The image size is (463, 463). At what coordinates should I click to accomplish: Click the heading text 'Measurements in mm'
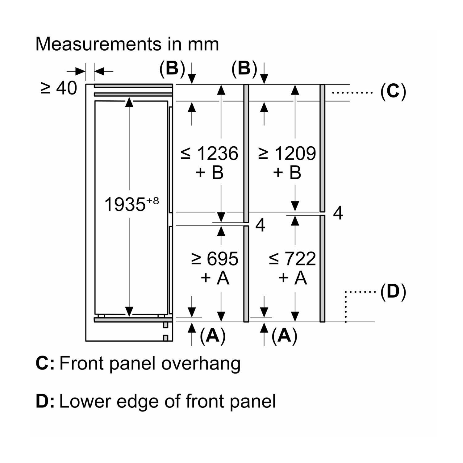pyautogui.click(x=127, y=44)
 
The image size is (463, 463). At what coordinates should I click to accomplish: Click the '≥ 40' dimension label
pyautogui.click(x=59, y=88)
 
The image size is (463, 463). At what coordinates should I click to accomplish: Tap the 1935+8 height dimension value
pyautogui.click(x=131, y=204)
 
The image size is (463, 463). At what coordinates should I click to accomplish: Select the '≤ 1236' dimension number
pyautogui.click(x=210, y=153)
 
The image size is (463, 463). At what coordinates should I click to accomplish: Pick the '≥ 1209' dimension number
pyautogui.click(x=287, y=153)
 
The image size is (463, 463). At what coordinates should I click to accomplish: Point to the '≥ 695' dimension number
pyautogui.click(x=215, y=259)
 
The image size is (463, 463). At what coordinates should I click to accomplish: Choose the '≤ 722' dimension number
pyautogui.click(x=292, y=259)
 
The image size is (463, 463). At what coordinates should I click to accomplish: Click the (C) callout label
pyautogui.click(x=393, y=92)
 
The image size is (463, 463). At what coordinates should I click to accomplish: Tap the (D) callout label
pyautogui.click(x=393, y=292)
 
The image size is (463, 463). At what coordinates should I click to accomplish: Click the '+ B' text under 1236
pyautogui.click(x=210, y=173)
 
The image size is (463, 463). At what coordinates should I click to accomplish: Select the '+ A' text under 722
pyautogui.click(x=292, y=278)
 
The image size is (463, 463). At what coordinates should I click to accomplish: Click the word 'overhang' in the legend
pyautogui.click(x=201, y=363)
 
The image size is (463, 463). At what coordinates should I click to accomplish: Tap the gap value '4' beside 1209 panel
pyautogui.click(x=338, y=213)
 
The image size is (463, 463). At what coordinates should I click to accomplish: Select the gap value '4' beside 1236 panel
pyautogui.click(x=261, y=225)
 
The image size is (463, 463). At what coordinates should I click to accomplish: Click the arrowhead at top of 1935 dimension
pyautogui.click(x=129, y=102)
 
